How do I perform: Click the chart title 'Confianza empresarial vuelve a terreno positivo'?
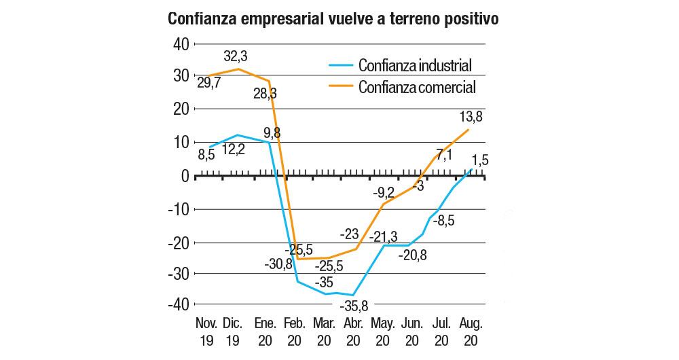coord(333,18)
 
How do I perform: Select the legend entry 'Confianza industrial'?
coord(414,66)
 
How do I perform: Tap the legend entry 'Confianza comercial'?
coord(416,87)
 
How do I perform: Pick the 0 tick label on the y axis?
coord(183,175)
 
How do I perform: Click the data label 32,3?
coord(236,54)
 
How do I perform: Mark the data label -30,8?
coord(278,264)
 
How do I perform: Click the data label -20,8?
coord(413,256)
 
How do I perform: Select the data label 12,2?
coord(234,151)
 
